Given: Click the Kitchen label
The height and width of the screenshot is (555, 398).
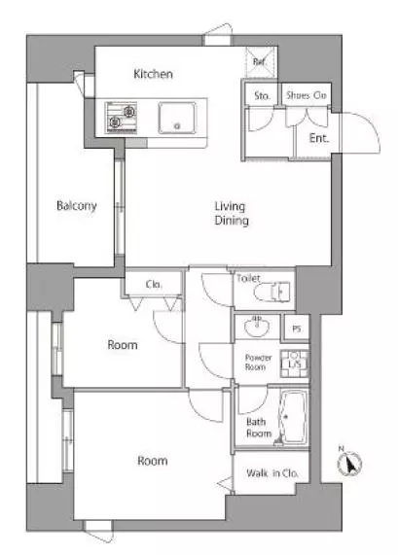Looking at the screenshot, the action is coord(153,74).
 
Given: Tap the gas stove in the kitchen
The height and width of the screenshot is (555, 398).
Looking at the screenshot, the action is coord(121,118).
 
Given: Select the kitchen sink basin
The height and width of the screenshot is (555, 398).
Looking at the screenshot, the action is coord(177,118).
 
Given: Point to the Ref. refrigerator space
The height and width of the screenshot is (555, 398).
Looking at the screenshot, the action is coord(261,62).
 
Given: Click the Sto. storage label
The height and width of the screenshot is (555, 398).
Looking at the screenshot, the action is coord(263,95).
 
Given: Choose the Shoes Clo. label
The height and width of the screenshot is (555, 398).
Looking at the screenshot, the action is coord(307,95).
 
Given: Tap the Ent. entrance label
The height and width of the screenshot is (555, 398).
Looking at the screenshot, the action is coord(319,138).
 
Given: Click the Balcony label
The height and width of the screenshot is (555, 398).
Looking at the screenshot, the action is coord(77,205).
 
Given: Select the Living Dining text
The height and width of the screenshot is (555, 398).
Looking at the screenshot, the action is coord(232,213).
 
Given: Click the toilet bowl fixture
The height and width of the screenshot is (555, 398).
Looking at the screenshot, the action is coord(272,292).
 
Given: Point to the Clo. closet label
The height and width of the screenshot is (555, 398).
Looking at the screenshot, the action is coord(154,284).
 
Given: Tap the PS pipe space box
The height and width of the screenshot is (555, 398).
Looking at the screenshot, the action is coord(296,329).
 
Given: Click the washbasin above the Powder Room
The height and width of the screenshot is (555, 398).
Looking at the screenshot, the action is coord(257,326).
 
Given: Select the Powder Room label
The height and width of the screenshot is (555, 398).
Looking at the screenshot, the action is coord(259,363).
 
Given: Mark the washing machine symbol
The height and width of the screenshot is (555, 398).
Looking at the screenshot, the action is coord(294,364).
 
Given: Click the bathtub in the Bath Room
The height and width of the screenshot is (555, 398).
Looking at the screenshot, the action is coord(294,417).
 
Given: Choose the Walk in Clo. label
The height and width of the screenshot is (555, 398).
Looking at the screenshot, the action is coord(272,473).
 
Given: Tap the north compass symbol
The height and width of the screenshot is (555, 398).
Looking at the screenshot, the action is coord(349,464).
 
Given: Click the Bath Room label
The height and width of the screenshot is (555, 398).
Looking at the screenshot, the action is coord(259,428).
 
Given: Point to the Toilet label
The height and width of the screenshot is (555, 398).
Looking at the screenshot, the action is coord(248,278).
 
